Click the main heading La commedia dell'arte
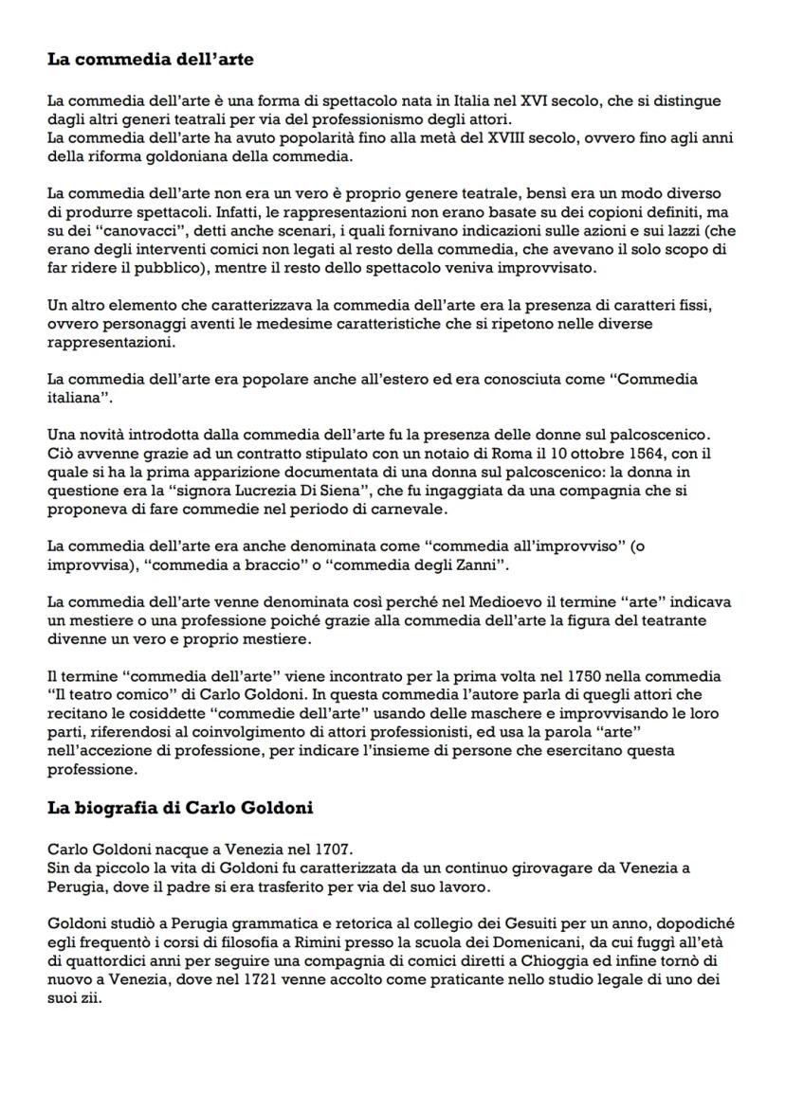[151, 60]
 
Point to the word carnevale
[413, 509]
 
